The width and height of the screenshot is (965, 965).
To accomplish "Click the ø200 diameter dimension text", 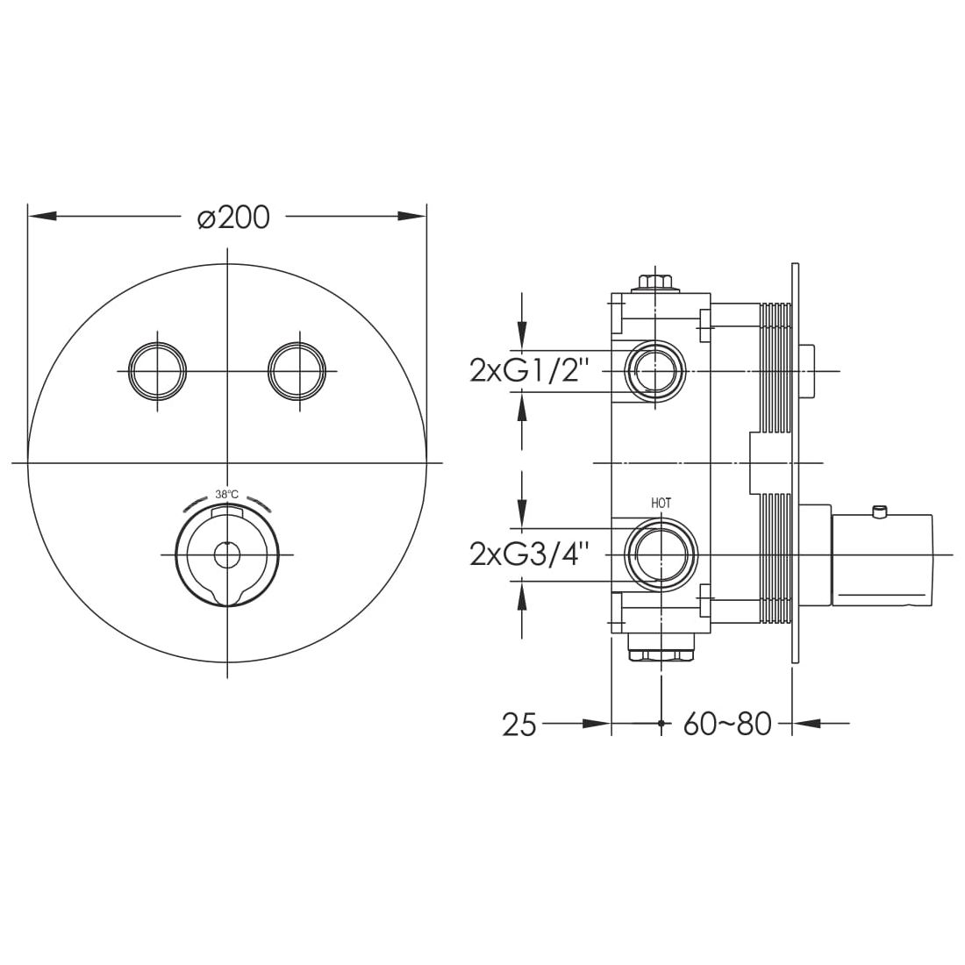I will [x=233, y=217].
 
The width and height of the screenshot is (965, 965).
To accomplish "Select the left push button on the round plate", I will [x=158, y=372].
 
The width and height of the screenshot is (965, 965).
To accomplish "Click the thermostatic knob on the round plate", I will [x=227, y=554].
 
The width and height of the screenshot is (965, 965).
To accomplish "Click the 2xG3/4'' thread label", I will [x=529, y=554].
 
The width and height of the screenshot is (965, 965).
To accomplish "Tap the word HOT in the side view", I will [x=661, y=504].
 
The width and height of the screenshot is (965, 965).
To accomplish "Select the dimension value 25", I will [x=518, y=725].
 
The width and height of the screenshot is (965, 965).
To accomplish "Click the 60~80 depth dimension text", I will [x=726, y=725].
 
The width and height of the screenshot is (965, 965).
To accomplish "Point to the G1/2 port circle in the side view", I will [x=655, y=371].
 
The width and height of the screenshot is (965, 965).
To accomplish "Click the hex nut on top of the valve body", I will [x=655, y=282].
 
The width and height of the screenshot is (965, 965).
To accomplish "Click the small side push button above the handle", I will [x=807, y=371].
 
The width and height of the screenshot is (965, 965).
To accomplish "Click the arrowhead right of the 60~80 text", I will [x=805, y=724].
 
